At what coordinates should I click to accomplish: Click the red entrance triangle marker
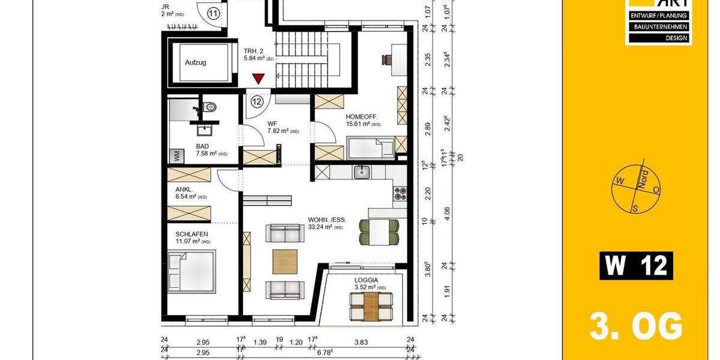coord(258,79)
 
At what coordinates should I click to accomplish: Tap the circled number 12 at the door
coord(257,101)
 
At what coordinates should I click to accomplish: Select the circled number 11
coord(213,13)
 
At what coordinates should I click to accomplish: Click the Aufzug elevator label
coord(196,62)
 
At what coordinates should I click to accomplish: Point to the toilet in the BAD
coord(209,107)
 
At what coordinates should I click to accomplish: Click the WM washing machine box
coord(178,155)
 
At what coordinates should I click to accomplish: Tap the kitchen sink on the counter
coord(361,172)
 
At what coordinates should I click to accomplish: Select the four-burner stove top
coord(400,194)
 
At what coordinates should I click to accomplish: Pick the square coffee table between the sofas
coord(284,260)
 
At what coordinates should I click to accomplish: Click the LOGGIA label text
coord(366,280)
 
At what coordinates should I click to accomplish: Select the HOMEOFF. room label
coord(362,117)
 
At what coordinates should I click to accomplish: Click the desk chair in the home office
coord(385,59)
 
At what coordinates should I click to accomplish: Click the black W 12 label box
coord(636,266)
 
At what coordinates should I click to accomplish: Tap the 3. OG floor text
coord(636,328)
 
